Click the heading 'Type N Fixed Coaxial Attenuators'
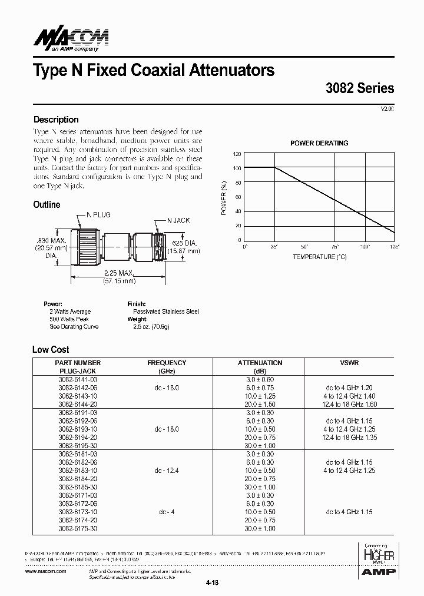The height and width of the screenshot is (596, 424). coord(154,71)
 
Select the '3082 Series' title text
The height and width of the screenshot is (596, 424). coord(359,88)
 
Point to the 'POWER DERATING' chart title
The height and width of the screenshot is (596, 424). coord(319,143)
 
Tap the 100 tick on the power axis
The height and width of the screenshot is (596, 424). coord(237,168)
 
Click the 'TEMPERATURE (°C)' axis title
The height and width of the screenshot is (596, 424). coord(320,257)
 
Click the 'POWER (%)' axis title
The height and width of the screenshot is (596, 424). coord(224,197)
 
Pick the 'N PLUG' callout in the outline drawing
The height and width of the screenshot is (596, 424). coord(98,216)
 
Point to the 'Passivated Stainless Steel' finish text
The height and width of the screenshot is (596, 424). coord(165,312)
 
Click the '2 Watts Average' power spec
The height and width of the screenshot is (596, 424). coord(70,312)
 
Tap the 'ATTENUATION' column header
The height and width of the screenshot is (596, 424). coord(260,363)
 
